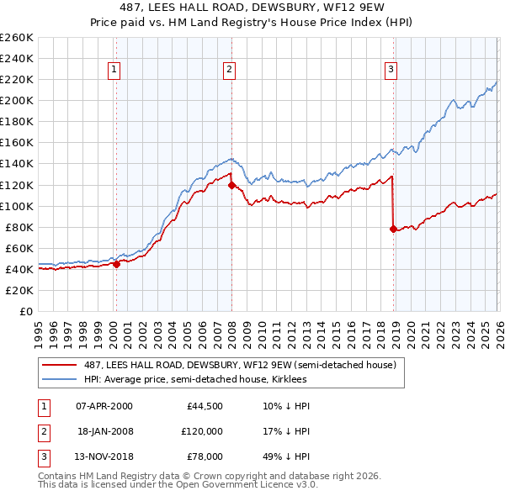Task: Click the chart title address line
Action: (x=252, y=8)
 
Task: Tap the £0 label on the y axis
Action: (x=25, y=311)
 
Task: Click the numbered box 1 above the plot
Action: (x=114, y=71)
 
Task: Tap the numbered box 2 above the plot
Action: (x=229, y=71)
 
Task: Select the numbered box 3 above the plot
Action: (x=391, y=71)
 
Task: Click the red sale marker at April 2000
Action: (x=116, y=264)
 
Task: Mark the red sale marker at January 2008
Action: (x=231, y=185)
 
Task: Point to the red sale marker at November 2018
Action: (x=393, y=229)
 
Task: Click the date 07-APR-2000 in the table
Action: (x=104, y=406)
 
